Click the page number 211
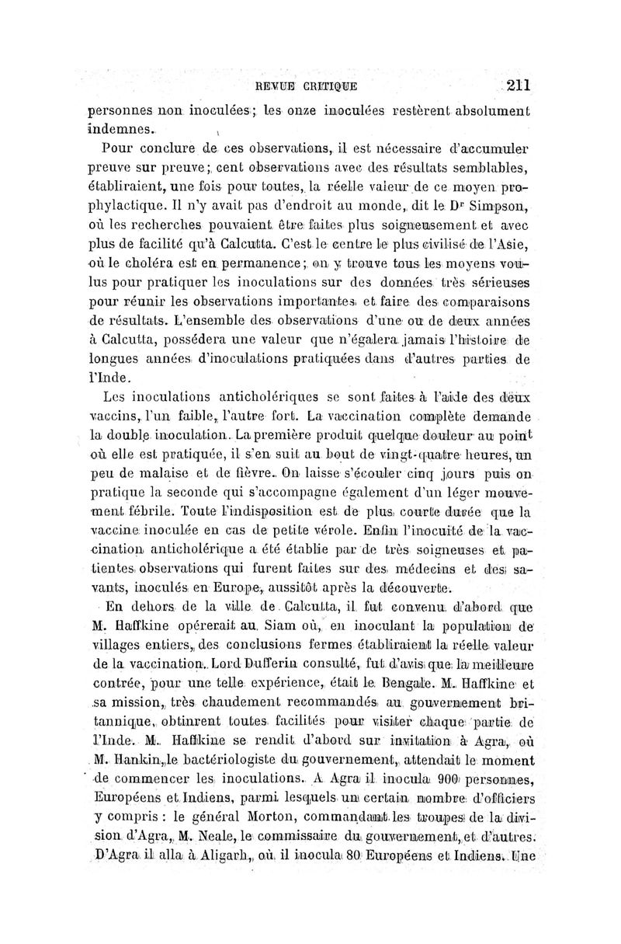point(515,85)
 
